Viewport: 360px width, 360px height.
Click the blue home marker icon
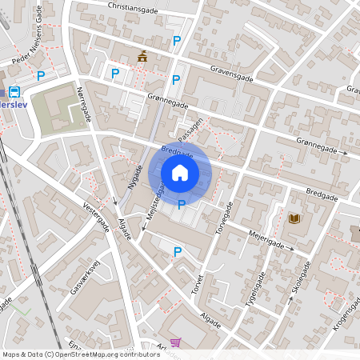(180, 172)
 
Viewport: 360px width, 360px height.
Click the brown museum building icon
(142, 56)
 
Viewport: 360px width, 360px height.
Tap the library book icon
(294, 218)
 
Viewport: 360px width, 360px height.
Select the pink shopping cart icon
(175, 342)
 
